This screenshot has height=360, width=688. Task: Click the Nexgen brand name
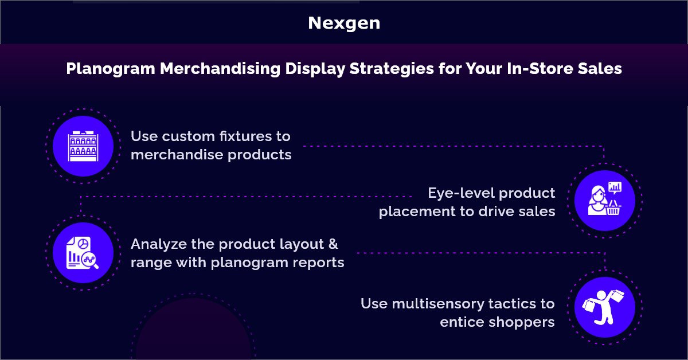tap(344, 23)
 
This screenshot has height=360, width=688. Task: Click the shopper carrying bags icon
tap(605, 307)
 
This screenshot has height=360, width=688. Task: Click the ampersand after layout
tap(333, 244)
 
